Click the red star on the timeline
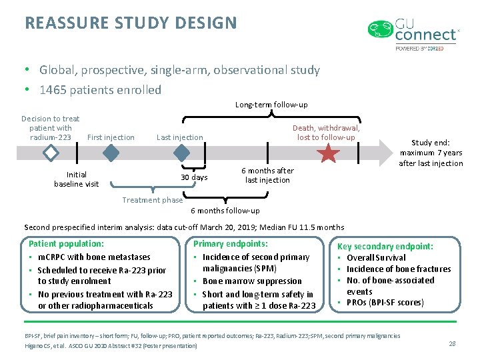tap(328, 154)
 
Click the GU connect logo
tap(413, 34)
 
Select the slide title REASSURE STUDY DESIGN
tap(131, 23)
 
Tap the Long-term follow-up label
tap(271, 105)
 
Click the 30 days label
tap(194, 177)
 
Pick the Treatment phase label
tap(153, 200)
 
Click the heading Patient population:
tap(67, 244)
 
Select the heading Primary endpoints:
tap(231, 244)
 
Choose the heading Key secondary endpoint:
tap(385, 246)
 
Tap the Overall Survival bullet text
tap(376, 257)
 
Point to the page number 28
tap(452, 343)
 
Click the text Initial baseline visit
tap(76, 179)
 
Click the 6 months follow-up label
tap(225, 211)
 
